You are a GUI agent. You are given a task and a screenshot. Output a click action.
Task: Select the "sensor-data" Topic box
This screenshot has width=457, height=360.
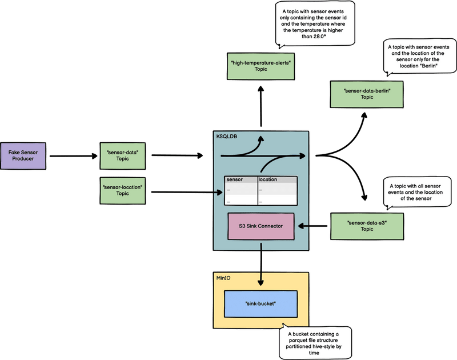pos(123,155)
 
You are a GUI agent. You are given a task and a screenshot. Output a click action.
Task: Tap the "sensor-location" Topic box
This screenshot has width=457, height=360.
pos(123,190)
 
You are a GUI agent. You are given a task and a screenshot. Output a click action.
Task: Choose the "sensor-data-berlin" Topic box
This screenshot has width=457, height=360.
pos(367,94)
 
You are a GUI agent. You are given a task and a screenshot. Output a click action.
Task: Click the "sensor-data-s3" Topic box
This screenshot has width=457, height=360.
pos(367,226)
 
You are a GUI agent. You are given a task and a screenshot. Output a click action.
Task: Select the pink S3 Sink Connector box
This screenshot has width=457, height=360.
pos(260,226)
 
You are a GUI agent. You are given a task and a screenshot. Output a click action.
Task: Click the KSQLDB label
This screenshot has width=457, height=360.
pos(227,137)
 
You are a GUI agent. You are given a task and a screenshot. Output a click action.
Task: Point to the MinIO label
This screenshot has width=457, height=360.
pos(222,278)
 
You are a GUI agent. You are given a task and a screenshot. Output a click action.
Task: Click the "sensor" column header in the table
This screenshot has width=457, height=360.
pos(235,179)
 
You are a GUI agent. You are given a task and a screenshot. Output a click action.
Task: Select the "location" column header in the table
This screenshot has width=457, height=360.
pos(268,179)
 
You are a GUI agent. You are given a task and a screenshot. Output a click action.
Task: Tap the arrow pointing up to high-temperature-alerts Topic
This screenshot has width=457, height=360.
pos(260,106)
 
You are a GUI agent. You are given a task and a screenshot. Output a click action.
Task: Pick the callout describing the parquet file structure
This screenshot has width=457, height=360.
pos(314,342)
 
